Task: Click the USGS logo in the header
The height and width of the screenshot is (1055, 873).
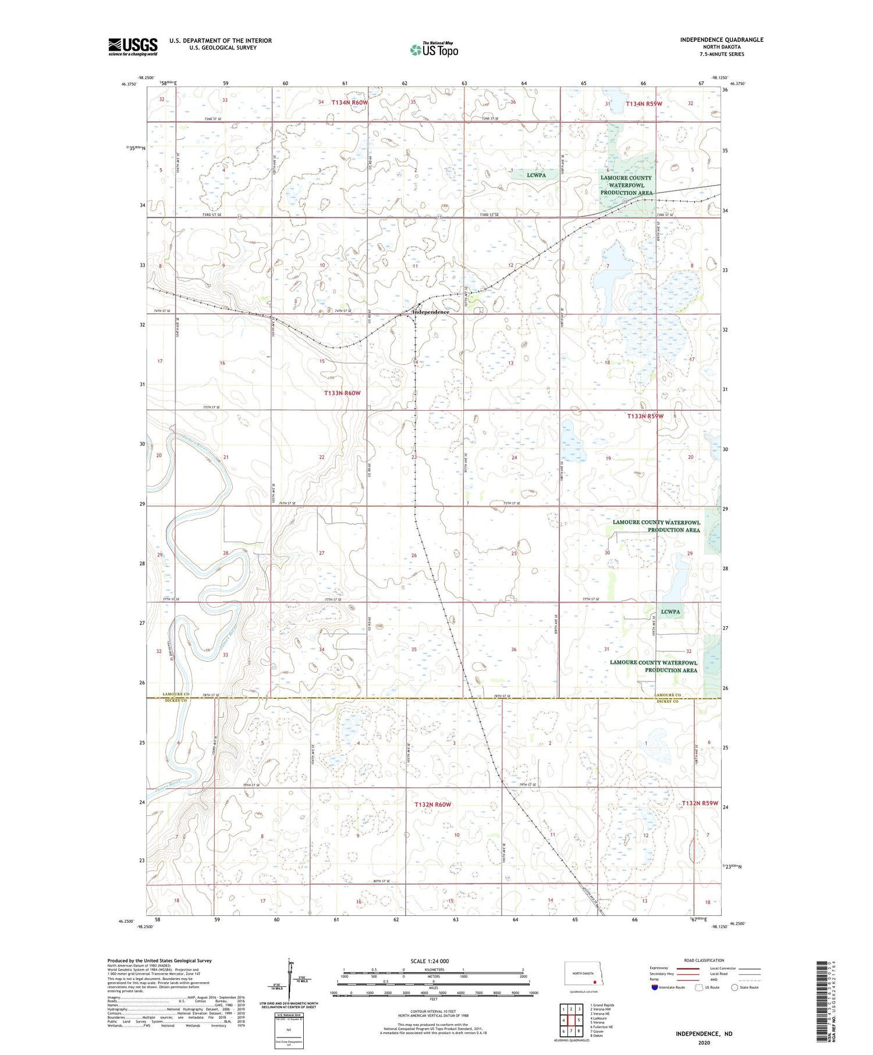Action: [133, 47]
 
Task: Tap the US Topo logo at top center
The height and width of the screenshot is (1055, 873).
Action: [434, 50]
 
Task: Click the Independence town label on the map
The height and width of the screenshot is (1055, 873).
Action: [431, 312]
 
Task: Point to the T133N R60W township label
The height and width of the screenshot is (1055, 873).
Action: [342, 393]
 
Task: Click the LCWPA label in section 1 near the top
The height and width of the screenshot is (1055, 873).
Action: [535, 175]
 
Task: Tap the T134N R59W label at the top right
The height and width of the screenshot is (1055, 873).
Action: [644, 104]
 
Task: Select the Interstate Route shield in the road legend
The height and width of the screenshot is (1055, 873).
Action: [654, 987]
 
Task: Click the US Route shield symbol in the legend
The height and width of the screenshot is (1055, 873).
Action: [699, 987]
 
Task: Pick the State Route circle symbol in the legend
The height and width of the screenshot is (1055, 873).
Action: [734, 987]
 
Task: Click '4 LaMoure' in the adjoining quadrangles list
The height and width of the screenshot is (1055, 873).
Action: [598, 1018]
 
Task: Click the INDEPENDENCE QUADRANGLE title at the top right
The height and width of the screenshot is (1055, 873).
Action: [721, 40]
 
